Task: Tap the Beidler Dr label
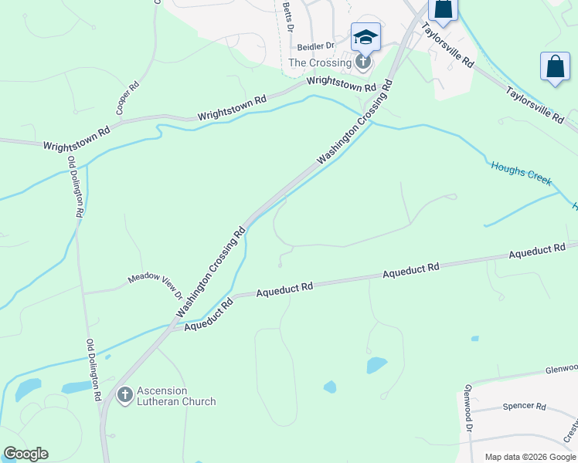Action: [315, 47]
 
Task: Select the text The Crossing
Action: [320, 63]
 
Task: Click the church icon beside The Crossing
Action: [363, 62]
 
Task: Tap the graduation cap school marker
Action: [365, 36]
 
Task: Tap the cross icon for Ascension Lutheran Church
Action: [124, 396]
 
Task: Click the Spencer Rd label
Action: [524, 406]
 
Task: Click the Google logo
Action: [25, 454]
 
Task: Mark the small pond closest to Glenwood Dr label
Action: [474, 338]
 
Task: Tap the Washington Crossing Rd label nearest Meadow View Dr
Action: [210, 272]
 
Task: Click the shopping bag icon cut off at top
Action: [444, 8]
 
